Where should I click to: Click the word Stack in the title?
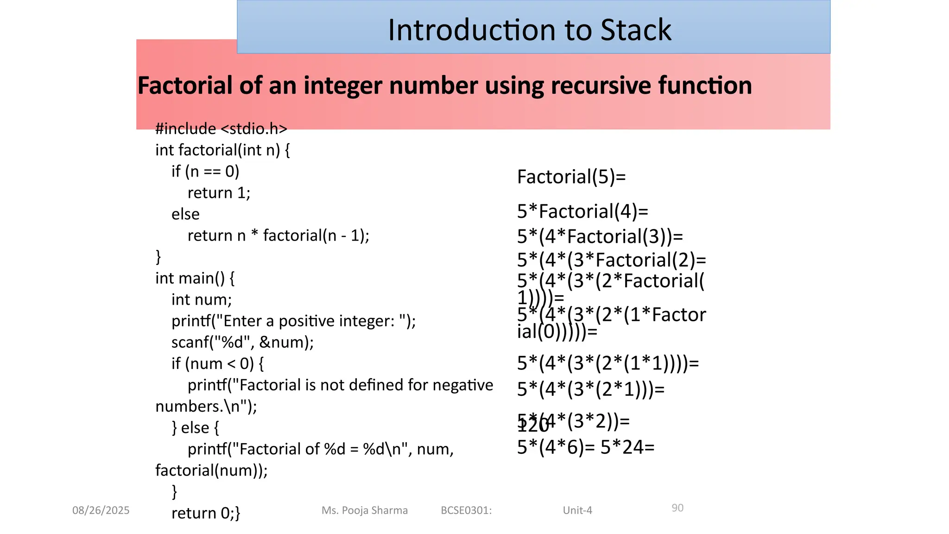click(635, 30)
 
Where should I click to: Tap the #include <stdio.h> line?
click(221, 128)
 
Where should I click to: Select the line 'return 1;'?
click(219, 192)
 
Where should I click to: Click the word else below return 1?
click(185, 214)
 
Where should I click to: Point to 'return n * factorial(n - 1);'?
click(278, 235)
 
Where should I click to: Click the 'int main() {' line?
click(195, 278)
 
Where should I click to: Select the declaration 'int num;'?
click(201, 299)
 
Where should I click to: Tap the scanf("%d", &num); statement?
click(242, 342)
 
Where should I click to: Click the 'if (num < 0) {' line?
click(217, 363)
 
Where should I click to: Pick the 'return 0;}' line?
click(205, 513)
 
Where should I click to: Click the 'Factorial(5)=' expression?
click(571, 177)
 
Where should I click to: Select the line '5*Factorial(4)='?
click(582, 211)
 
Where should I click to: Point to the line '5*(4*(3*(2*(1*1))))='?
click(607, 363)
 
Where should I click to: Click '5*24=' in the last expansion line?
click(627, 447)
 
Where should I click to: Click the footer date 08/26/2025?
click(101, 510)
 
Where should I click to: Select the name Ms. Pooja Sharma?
click(364, 510)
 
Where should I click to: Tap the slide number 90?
click(677, 508)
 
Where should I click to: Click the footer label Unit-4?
click(577, 510)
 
